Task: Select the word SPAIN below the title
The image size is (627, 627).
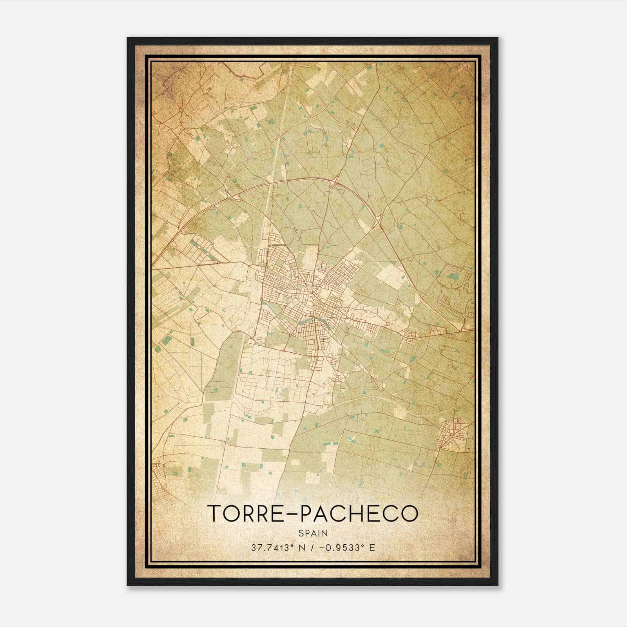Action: click(313, 533)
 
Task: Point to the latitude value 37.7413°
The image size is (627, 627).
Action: click(273, 547)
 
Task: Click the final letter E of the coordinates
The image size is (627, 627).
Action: click(372, 547)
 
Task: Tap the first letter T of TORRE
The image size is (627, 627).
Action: click(215, 513)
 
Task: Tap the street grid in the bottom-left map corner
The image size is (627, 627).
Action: click(161, 480)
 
